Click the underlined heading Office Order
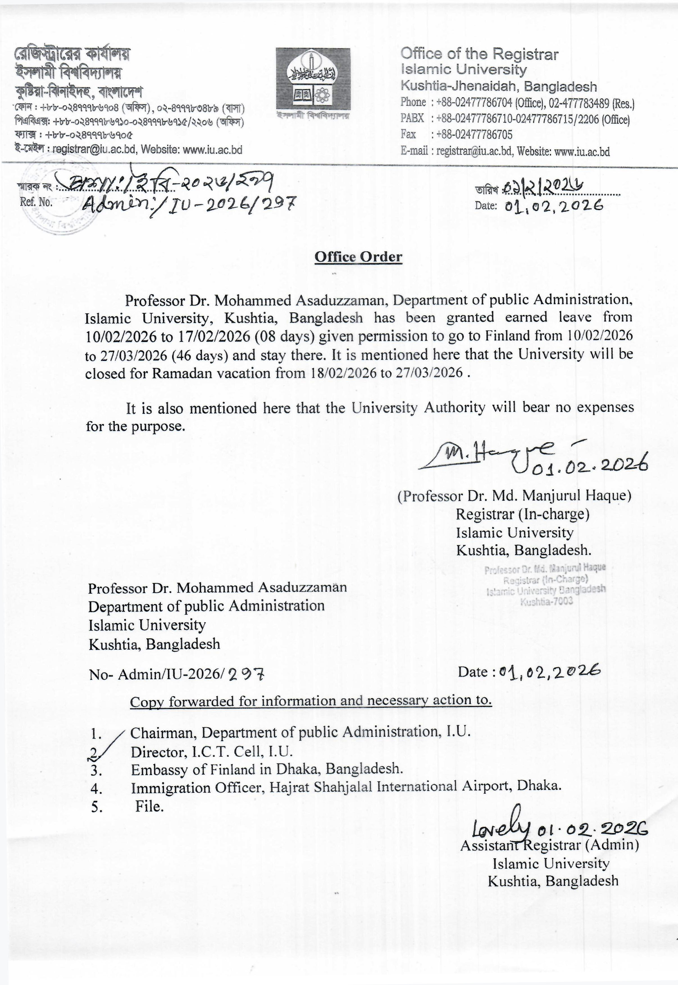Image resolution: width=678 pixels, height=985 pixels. click(x=358, y=257)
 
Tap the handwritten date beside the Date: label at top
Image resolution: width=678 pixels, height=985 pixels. click(x=554, y=206)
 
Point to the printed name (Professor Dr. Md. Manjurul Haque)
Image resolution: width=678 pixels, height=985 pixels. click(x=514, y=496)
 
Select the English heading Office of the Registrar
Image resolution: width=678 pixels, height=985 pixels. click(x=479, y=54)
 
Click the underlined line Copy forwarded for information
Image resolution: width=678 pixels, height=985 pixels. click(x=311, y=700)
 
